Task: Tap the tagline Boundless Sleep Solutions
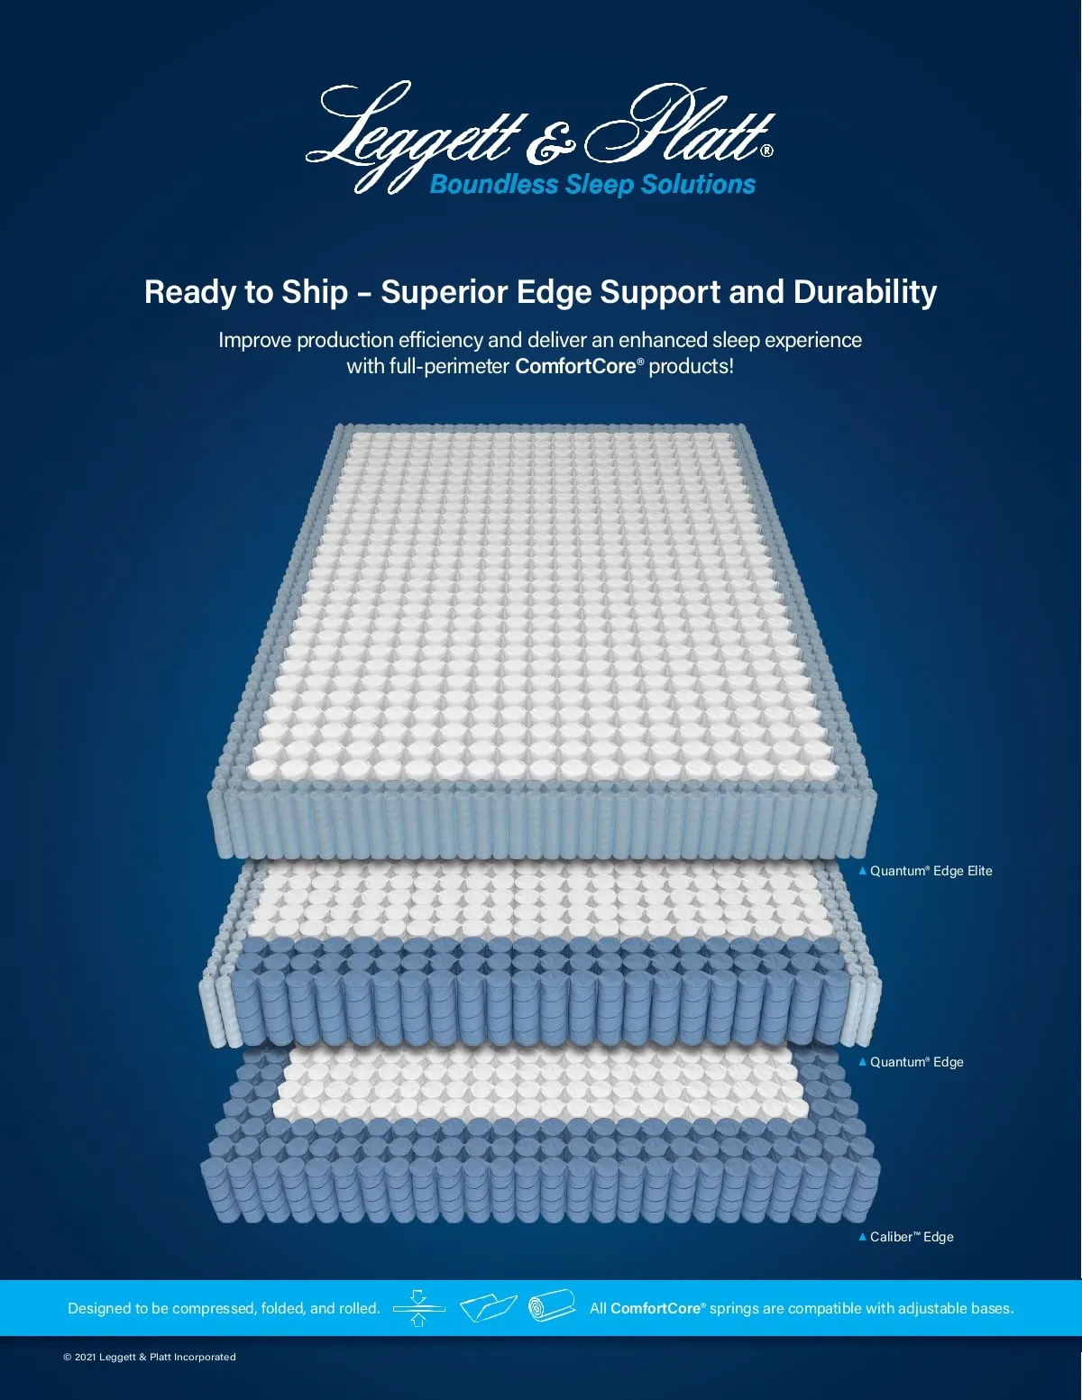point(592,185)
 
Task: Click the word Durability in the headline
point(865,292)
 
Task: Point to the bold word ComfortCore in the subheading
point(575,367)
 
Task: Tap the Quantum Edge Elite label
point(931,871)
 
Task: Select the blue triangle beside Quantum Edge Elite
point(862,871)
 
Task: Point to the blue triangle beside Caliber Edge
point(862,1237)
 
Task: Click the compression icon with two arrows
point(418,1309)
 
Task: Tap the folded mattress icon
point(488,1308)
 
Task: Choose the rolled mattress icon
point(552,1306)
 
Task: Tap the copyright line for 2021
point(150,1358)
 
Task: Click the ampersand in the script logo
point(549,143)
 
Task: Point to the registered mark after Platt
point(767,151)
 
